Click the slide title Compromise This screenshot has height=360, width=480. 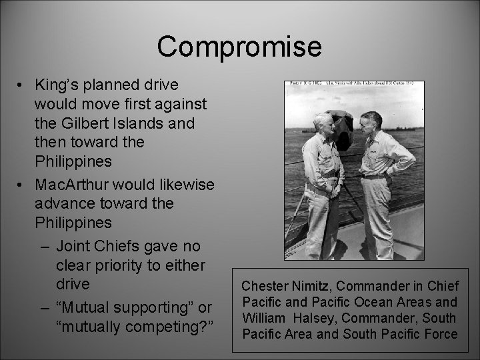coord(239,47)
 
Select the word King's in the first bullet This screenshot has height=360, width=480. coord(58,86)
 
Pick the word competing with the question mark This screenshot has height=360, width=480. coord(169,327)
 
